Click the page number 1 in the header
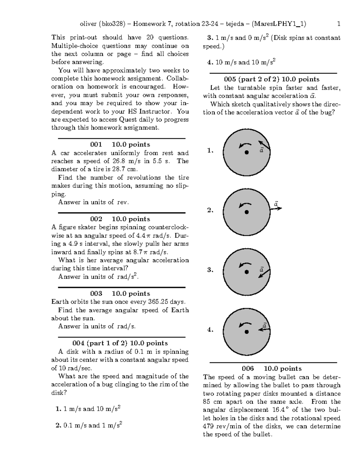(339, 24)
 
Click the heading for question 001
(120, 145)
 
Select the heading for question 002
(120, 219)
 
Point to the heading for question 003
(120, 294)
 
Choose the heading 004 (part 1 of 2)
(120, 343)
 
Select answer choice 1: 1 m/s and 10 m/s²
(88, 409)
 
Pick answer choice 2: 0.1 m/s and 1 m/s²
(89, 425)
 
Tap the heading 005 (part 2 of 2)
(271, 80)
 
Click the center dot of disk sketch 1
(247, 152)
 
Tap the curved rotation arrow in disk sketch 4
(245, 324)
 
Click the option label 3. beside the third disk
(210, 270)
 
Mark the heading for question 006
(271, 369)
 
